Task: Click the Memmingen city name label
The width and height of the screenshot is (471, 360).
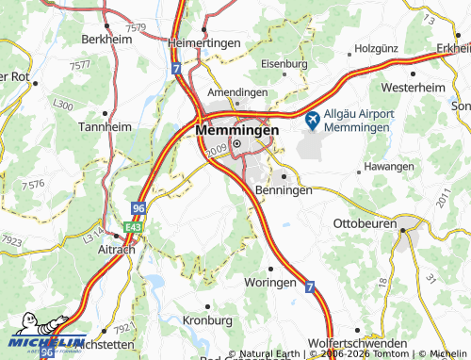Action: pos(238,129)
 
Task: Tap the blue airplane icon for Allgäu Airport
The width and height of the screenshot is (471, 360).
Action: pos(313,119)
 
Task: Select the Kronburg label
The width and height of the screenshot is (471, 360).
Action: pos(207,321)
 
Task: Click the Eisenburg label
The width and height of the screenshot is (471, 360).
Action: pos(284,64)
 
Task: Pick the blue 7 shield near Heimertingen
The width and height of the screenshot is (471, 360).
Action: pos(176,70)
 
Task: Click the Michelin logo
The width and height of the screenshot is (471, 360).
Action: pos(47,345)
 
